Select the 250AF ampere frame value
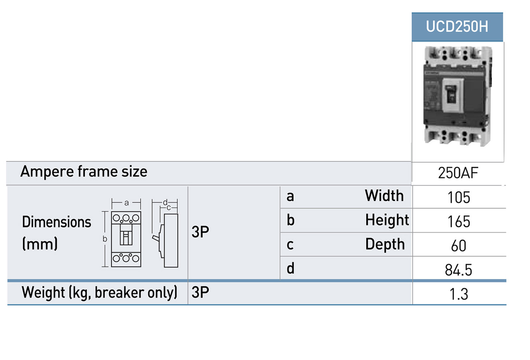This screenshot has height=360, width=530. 458,173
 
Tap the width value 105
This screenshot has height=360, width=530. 459,197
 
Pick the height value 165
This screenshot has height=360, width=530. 459,221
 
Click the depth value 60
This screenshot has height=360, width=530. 459,246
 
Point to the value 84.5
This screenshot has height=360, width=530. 458,270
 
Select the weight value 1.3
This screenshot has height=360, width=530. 459,294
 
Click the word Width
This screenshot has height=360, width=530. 384,196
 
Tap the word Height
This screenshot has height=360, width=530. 387,220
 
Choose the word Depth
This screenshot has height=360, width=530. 385,244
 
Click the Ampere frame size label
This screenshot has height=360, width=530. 84,172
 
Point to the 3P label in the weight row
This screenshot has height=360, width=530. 200,292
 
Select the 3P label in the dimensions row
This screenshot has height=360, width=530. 200,232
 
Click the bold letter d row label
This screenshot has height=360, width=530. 290,268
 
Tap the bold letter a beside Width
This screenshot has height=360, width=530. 290,197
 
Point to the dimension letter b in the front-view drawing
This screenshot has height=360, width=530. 105,239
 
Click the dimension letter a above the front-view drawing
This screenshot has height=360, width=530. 126,203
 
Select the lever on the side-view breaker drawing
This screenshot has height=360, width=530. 156,238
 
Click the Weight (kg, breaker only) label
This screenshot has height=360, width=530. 99,293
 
